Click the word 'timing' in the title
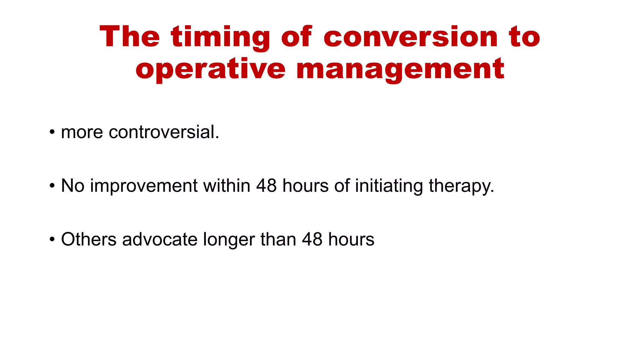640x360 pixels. (x=220, y=37)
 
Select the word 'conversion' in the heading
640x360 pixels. (x=410, y=37)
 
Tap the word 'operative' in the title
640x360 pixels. (x=210, y=69)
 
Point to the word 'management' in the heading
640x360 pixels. (x=400, y=69)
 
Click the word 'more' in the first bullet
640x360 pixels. (x=82, y=132)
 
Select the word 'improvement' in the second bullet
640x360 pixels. (x=144, y=186)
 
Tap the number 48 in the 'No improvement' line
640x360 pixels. (x=266, y=186)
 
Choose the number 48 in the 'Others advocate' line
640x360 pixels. (x=312, y=239)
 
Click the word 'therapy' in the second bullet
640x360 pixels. (x=461, y=186)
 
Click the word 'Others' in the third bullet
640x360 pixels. (x=89, y=239)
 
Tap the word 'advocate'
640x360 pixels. (x=160, y=239)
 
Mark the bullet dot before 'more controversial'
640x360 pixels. (x=52, y=132)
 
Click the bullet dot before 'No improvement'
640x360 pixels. (x=52, y=186)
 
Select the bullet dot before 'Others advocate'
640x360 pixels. (x=52, y=240)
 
